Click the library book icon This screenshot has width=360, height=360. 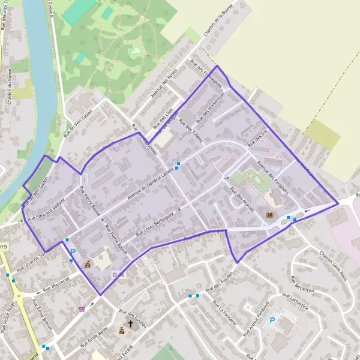(x=269, y=215)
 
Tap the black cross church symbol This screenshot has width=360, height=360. (x=131, y=323)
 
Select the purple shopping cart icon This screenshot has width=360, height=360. (x=82, y=309)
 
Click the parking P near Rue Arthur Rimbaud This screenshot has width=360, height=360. (x=272, y=320)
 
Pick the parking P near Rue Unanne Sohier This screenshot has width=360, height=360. (x=74, y=252)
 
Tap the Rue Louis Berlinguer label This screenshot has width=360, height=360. (x=158, y=222)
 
